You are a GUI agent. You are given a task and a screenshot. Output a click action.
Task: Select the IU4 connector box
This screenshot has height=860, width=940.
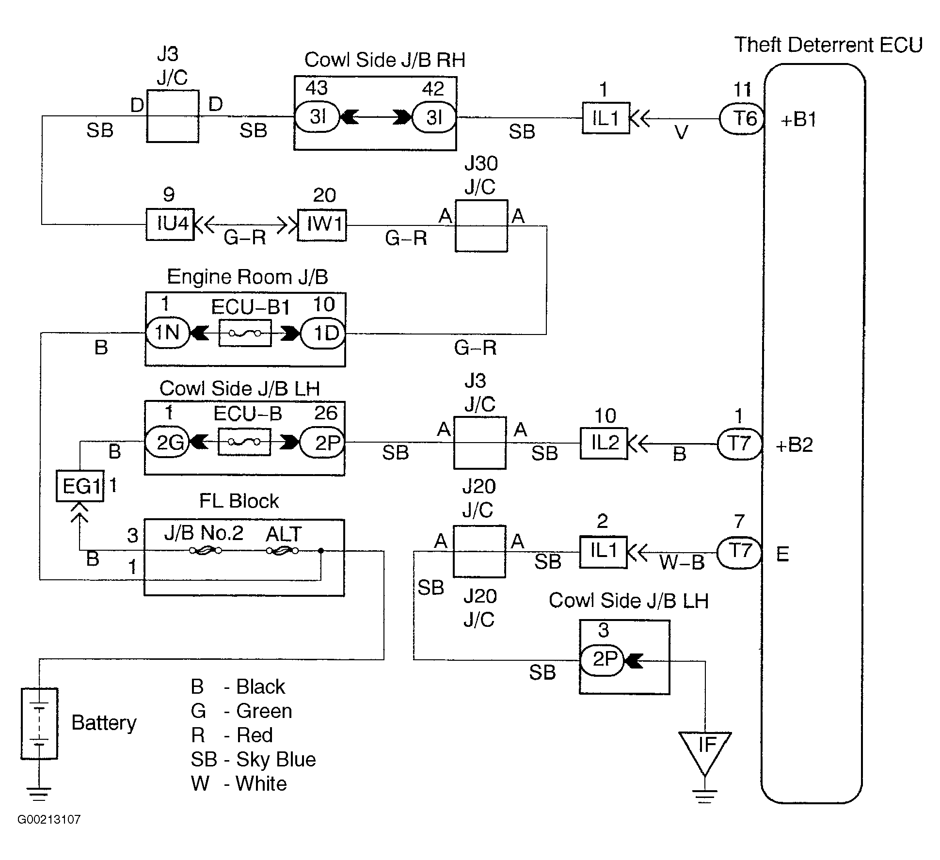[x=170, y=224]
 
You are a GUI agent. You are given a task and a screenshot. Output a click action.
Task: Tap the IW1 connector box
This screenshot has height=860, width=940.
[x=322, y=225]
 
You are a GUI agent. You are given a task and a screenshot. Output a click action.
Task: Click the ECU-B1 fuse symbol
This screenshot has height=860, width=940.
[x=245, y=333]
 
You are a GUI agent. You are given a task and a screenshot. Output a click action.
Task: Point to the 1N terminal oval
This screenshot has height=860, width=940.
[x=167, y=333]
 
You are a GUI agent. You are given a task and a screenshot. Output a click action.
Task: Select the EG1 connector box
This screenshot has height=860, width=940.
[x=80, y=486]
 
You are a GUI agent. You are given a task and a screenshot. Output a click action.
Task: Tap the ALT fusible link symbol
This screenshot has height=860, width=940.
[x=283, y=551]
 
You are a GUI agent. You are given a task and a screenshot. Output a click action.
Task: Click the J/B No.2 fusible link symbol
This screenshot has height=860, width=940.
[x=206, y=551]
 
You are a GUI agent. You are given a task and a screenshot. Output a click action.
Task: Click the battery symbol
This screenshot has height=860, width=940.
[x=39, y=723]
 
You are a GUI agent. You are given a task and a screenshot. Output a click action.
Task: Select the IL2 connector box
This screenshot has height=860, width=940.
[x=604, y=443]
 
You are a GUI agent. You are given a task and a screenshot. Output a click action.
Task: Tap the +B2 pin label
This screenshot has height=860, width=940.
[x=794, y=445]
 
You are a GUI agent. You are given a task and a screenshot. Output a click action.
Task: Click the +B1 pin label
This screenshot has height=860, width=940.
[x=798, y=119]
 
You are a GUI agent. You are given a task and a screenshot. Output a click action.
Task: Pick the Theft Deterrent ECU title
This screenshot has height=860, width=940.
[x=828, y=45]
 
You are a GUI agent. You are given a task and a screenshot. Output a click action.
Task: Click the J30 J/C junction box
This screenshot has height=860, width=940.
[x=481, y=226]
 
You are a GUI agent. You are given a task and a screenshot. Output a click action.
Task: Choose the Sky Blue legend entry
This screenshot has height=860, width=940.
[x=253, y=760]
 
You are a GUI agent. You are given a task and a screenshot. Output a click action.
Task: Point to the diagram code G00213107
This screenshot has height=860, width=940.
[x=49, y=819]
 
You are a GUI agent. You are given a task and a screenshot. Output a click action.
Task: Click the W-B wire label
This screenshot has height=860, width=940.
[x=682, y=562]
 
